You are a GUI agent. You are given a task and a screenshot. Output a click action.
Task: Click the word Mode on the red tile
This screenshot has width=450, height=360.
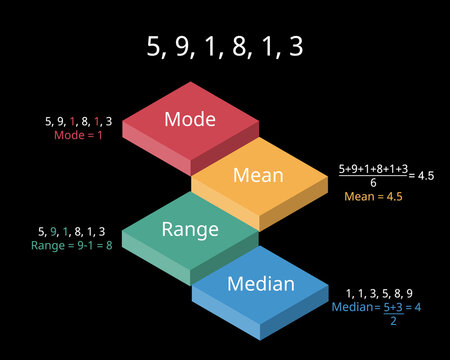pos(190,119)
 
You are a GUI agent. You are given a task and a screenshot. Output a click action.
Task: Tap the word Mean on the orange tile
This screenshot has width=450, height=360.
pos(258,175)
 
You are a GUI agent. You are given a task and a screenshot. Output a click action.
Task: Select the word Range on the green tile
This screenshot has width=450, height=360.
pos(190,229)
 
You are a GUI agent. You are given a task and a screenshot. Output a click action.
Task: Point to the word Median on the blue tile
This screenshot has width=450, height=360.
pos(260,284)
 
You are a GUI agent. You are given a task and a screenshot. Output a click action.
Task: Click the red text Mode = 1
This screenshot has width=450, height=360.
pos(78,134)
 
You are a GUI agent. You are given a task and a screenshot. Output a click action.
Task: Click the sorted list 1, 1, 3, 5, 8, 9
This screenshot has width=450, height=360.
pos(378,292)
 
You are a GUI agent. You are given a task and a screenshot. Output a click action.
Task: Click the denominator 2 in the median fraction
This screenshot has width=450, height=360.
pos(393,320)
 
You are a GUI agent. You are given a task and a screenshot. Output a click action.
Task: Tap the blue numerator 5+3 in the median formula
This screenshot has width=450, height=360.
pos(393,306)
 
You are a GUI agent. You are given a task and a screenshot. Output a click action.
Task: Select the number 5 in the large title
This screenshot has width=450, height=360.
pos(155,47)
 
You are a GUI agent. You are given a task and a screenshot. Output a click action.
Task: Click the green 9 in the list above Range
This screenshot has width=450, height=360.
pos(56,231)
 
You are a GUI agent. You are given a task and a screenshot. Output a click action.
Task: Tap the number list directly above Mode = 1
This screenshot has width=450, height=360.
pos(78,121)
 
